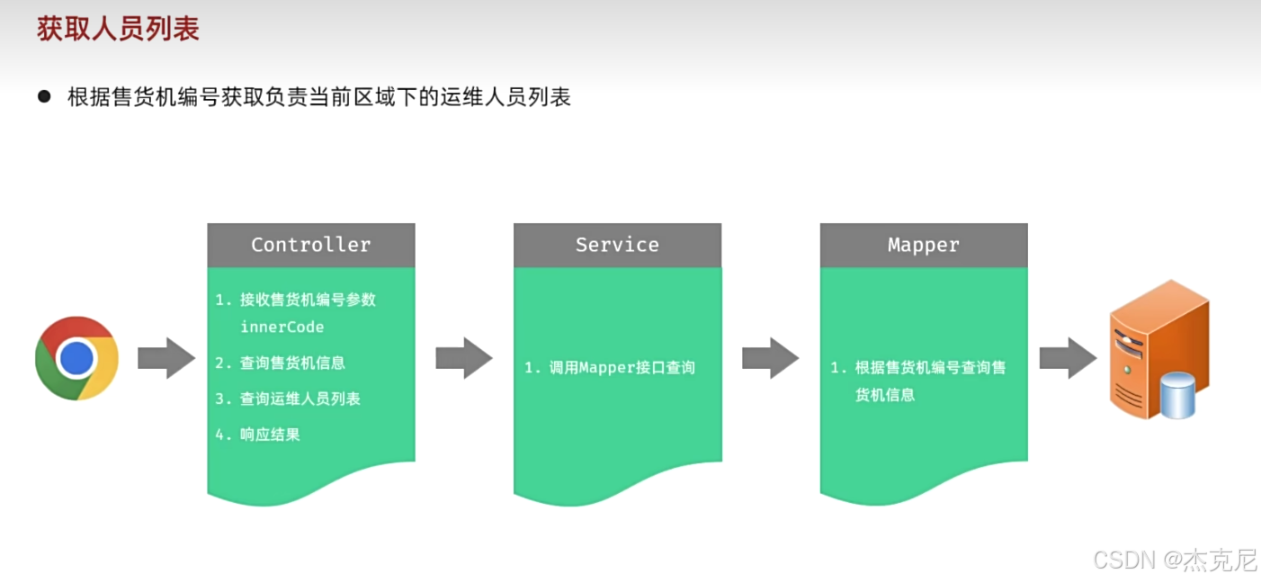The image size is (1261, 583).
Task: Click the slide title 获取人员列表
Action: (x=118, y=30)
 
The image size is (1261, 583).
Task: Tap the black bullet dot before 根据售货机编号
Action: (x=44, y=96)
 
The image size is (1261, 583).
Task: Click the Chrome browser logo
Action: (x=76, y=358)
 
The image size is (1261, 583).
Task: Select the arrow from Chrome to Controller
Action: (x=166, y=358)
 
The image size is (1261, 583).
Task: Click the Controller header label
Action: (x=310, y=245)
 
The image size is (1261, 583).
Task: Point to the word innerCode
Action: (x=282, y=327)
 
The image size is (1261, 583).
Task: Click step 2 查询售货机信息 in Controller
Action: (x=292, y=363)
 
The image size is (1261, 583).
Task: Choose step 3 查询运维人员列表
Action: (x=300, y=399)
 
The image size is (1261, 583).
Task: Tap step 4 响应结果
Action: (x=270, y=435)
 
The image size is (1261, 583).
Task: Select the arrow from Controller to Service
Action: (x=464, y=358)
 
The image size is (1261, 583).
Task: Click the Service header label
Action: (x=617, y=245)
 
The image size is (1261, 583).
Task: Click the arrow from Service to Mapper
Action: (x=770, y=358)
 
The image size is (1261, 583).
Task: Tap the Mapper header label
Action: (x=923, y=245)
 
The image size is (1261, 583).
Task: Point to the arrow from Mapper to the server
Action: (x=1068, y=358)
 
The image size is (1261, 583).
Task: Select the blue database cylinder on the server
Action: (x=1177, y=396)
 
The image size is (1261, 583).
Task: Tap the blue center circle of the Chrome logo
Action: (x=76, y=358)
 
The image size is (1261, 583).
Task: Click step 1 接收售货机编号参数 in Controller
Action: (x=308, y=300)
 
